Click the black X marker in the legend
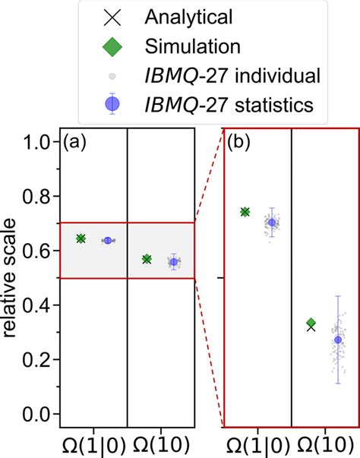click(x=112, y=15)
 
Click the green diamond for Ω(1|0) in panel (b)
click(x=245, y=211)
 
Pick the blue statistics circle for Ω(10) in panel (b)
click(x=338, y=340)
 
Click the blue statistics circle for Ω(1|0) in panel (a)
click(x=108, y=240)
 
